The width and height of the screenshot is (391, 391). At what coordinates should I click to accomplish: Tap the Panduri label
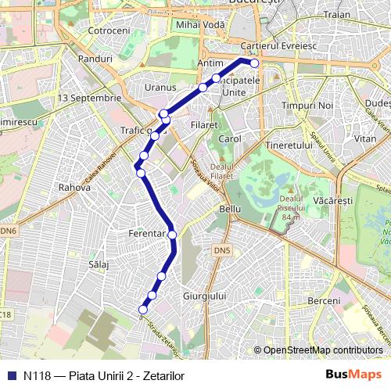click(x=95, y=58)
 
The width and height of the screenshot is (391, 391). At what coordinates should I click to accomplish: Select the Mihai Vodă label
click(x=200, y=25)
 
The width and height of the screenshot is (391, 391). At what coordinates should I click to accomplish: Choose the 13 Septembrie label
click(x=90, y=98)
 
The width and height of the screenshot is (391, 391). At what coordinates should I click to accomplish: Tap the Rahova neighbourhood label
click(x=75, y=188)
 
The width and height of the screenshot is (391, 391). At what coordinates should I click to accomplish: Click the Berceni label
click(x=324, y=301)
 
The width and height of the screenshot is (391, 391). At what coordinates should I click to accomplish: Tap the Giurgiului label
click(x=203, y=296)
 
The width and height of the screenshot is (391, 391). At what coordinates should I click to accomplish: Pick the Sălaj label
click(x=99, y=265)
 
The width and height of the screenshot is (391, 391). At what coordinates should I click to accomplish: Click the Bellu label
click(x=231, y=210)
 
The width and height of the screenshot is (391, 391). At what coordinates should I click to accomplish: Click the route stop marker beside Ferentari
click(x=172, y=234)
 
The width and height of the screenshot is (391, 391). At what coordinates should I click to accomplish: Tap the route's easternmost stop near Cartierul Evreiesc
click(x=253, y=63)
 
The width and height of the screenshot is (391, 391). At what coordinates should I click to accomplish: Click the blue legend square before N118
click(x=10, y=375)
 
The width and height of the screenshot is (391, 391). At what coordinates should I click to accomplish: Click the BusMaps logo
click(x=353, y=375)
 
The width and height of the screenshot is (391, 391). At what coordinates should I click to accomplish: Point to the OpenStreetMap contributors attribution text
click(x=323, y=350)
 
